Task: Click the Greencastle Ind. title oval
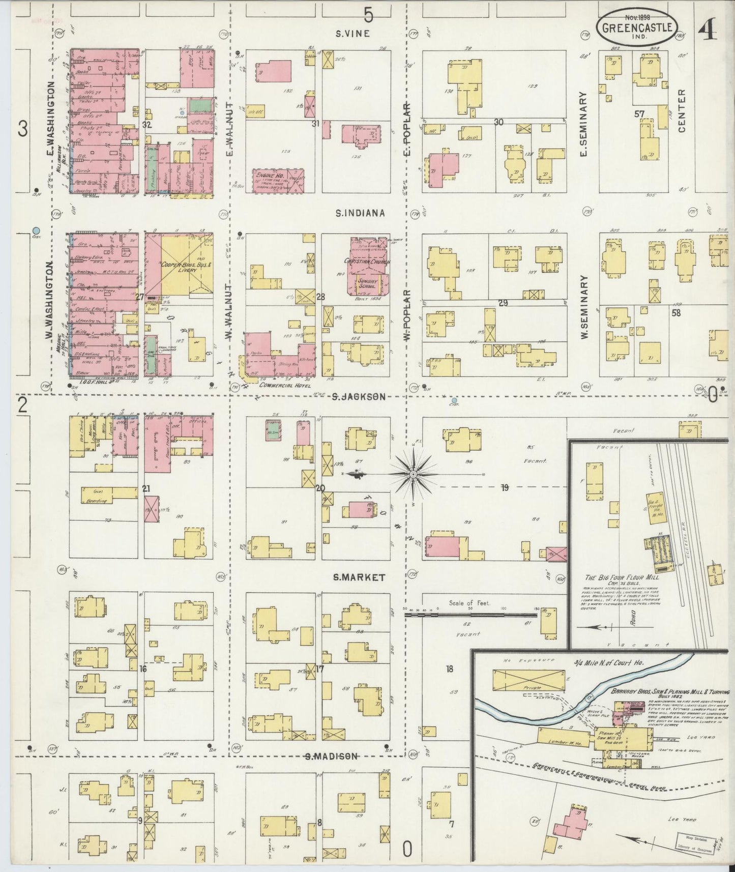click(x=639, y=25)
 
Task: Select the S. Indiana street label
click(x=359, y=213)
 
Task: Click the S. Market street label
click(x=359, y=577)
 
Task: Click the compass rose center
click(x=413, y=474)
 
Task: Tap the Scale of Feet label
click(x=468, y=603)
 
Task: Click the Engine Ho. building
click(x=278, y=180)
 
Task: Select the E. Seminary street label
click(x=583, y=123)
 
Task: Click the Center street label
click(x=682, y=111)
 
